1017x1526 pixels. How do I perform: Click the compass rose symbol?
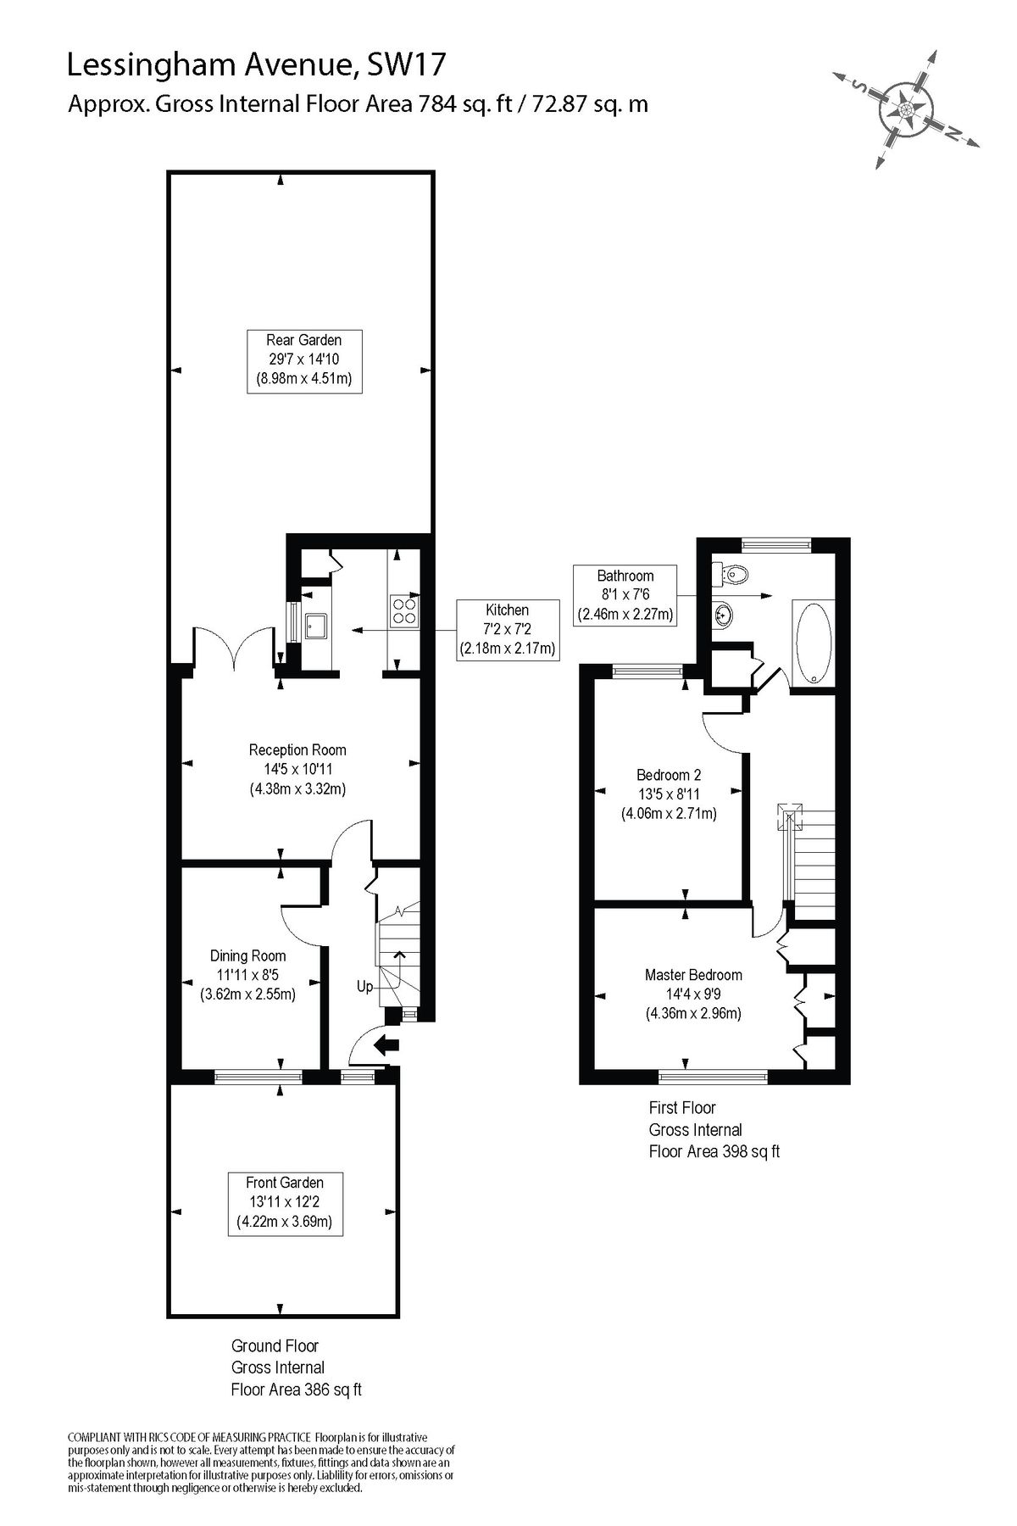pyautogui.click(x=906, y=109)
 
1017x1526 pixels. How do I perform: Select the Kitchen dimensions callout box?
pyautogui.click(x=507, y=629)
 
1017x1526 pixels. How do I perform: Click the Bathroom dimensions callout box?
pyautogui.click(x=625, y=594)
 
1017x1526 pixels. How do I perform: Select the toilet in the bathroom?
pyautogui.click(x=734, y=576)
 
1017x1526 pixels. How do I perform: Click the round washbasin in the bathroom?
pyautogui.click(x=723, y=612)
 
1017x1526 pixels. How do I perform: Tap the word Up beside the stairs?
pyautogui.click(x=364, y=987)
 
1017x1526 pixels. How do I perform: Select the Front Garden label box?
pyautogui.click(x=284, y=1202)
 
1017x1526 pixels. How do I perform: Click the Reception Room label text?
pyautogui.click(x=297, y=749)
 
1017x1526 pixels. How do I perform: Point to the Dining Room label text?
pyautogui.click(x=247, y=955)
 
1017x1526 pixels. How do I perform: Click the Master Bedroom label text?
pyautogui.click(x=692, y=975)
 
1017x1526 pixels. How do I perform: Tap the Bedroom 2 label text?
pyautogui.click(x=668, y=775)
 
